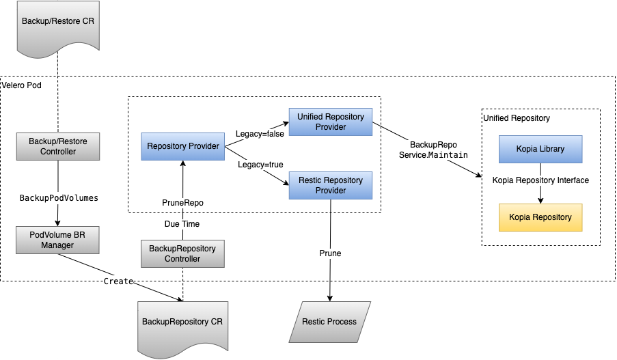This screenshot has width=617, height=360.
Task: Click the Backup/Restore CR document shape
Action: (x=58, y=27)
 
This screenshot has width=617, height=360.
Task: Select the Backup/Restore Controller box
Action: (x=58, y=146)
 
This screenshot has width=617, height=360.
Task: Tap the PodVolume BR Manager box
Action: (x=57, y=240)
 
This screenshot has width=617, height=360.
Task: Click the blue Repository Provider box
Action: (x=183, y=146)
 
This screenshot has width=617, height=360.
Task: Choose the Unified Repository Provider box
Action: (x=331, y=122)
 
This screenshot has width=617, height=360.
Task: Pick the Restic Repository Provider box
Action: (x=331, y=185)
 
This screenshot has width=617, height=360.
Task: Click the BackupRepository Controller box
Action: (x=182, y=253)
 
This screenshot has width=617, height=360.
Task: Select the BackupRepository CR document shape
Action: (x=182, y=327)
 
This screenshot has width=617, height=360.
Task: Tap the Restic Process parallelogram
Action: (x=330, y=322)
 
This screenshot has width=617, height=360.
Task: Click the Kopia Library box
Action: (x=540, y=149)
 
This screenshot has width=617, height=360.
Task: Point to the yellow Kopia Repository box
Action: (x=540, y=217)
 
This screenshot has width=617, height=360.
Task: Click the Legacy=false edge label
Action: (x=260, y=134)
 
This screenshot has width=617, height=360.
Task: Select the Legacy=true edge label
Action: (x=260, y=165)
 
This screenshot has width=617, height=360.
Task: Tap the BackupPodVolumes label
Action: (x=59, y=198)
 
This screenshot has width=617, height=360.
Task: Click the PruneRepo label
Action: (x=183, y=203)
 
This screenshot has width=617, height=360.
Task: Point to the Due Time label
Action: (x=182, y=224)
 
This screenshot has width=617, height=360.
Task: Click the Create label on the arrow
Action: (x=118, y=281)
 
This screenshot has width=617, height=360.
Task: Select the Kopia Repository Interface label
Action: (x=540, y=180)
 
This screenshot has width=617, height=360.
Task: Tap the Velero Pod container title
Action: (x=22, y=85)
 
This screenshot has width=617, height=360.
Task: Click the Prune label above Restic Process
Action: (x=330, y=253)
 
